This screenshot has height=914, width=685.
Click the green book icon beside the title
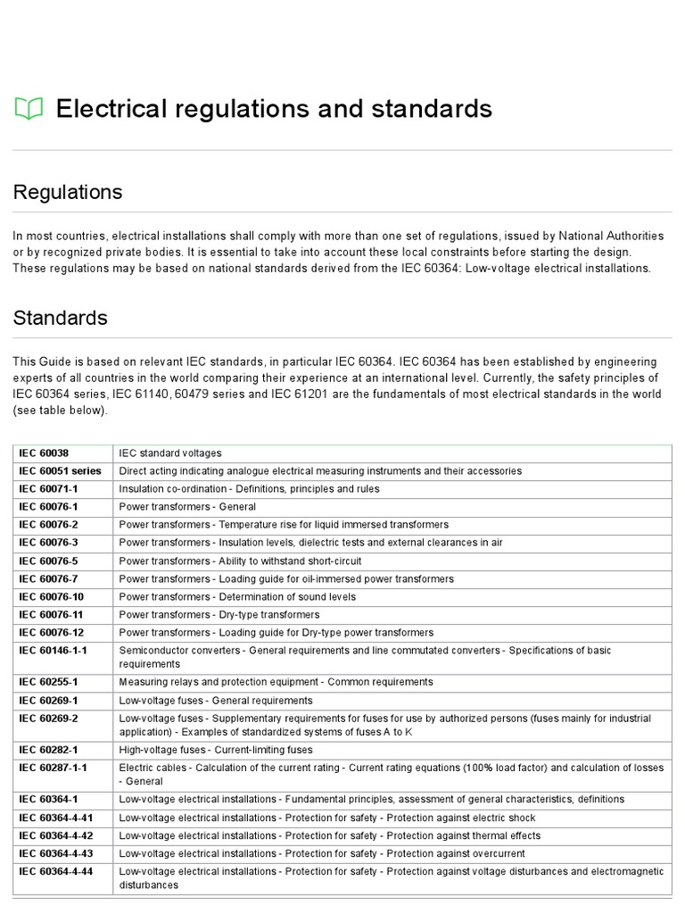point(29,109)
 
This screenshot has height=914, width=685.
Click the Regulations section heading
point(68,192)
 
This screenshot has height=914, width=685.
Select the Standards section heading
point(60,318)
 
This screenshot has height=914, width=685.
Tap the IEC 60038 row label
point(43,453)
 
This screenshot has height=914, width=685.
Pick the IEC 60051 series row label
point(60,470)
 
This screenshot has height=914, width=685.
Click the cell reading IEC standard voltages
point(170,453)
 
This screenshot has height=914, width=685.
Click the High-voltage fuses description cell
point(216,750)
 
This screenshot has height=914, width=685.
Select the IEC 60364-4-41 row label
point(56,818)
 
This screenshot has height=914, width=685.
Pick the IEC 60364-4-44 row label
point(56,871)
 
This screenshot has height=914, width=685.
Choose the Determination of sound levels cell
point(237,596)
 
